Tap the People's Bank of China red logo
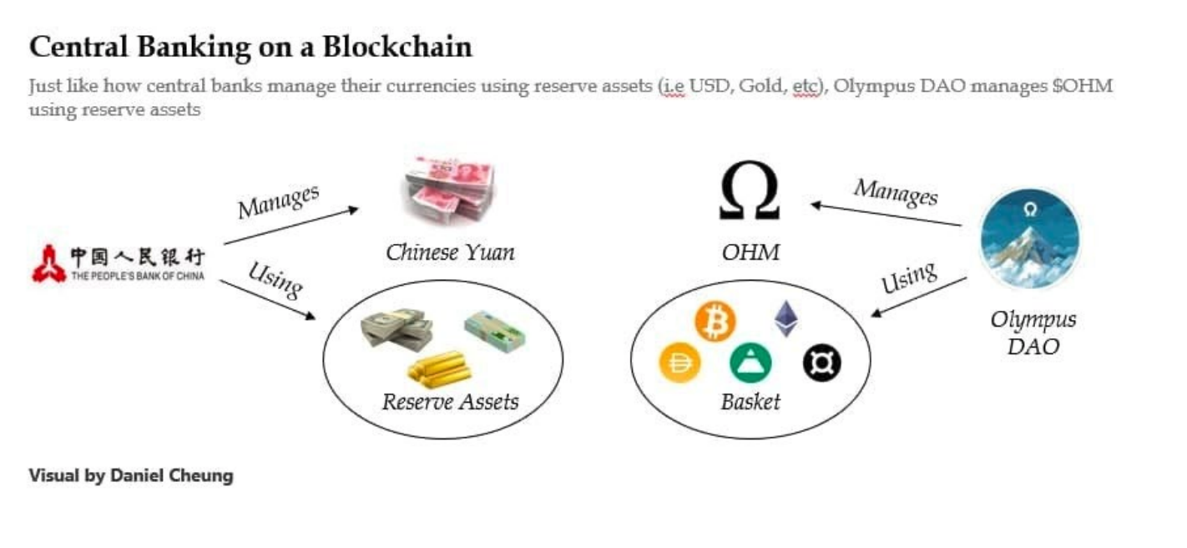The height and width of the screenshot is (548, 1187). [48, 263]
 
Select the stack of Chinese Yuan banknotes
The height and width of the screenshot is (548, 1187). [447, 190]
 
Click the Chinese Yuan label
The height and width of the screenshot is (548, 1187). [450, 251]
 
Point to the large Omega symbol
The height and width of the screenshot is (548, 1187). [749, 191]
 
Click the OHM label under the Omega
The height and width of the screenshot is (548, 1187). [750, 251]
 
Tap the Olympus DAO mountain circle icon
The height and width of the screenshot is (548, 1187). [1029, 238]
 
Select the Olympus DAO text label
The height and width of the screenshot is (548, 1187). [1033, 332]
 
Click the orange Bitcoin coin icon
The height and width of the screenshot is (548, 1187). [715, 322]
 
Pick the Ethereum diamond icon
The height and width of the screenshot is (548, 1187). [785, 318]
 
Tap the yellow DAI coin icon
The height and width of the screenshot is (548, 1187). [680, 363]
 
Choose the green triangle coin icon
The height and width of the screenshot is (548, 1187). [750, 363]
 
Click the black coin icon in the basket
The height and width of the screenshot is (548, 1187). [821, 363]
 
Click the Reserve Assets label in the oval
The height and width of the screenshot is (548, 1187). [450, 402]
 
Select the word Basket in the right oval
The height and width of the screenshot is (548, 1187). [750, 402]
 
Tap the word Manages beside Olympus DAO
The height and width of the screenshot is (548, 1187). [895, 192]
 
